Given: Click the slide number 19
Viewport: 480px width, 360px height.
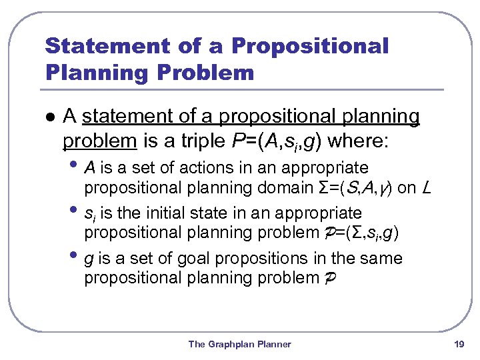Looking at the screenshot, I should (458, 344).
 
